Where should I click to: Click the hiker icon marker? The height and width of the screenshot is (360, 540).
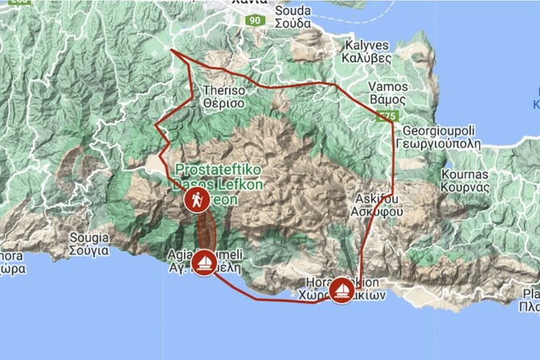point(196,201)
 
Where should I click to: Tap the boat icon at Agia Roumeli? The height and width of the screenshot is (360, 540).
point(205,262)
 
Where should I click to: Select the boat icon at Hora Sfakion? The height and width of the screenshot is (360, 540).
point(342,289)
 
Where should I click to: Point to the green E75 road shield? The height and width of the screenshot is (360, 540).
point(388,117)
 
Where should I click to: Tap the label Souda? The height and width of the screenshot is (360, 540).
point(292,10)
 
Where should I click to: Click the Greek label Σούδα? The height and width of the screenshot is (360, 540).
point(292,23)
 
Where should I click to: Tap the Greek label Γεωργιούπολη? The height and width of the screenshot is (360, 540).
point(441,142)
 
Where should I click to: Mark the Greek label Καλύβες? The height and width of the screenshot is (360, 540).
point(368,59)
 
